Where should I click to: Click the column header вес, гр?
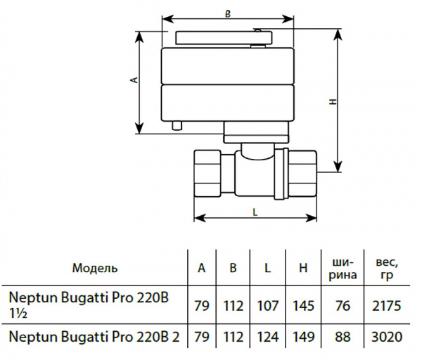pyautogui.click(x=387, y=268)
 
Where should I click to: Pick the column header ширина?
pyautogui.click(x=343, y=268)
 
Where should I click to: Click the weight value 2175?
pyautogui.click(x=387, y=306)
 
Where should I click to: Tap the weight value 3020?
pyautogui.click(x=387, y=337)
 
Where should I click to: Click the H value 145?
pyautogui.click(x=302, y=306)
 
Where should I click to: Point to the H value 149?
pyautogui.click(x=302, y=337)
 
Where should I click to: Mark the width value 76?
pyautogui.click(x=343, y=306)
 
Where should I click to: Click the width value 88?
pyautogui.click(x=343, y=337)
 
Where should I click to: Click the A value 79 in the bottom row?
pyautogui.click(x=202, y=337)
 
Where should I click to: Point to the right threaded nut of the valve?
pyautogui.click(x=304, y=174)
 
